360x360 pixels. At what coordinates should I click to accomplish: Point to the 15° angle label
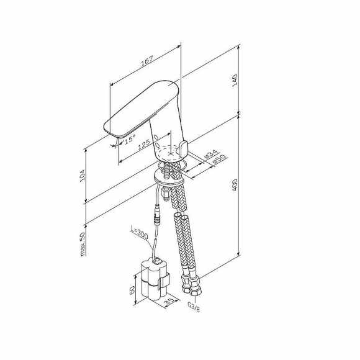(x=129, y=141)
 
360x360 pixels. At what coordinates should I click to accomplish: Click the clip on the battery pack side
(x=163, y=284)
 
